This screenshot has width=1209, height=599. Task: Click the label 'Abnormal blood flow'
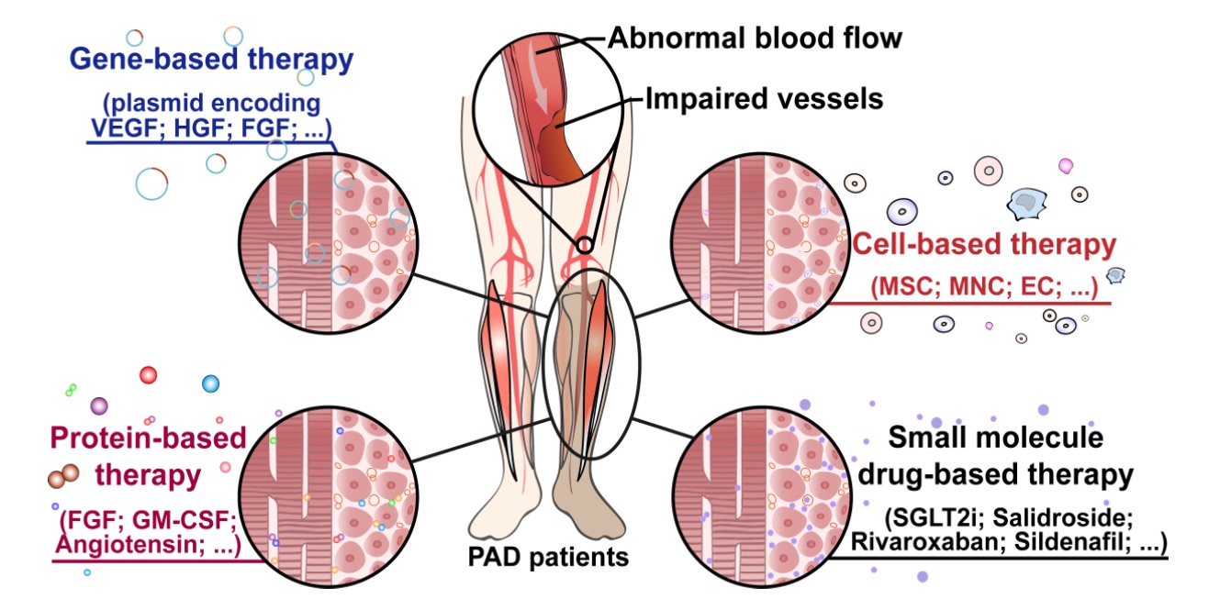click(755, 39)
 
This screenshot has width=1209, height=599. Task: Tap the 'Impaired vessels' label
click(764, 98)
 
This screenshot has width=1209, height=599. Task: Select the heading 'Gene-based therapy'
click(211, 61)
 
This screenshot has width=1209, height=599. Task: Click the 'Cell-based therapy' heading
click(984, 245)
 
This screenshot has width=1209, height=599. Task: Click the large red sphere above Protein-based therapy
click(149, 374)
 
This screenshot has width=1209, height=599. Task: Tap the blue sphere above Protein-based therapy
click(210, 383)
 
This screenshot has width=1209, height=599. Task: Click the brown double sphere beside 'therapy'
click(63, 474)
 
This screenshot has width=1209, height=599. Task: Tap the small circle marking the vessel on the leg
click(585, 245)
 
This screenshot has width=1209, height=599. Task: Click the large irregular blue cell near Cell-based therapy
click(1022, 205)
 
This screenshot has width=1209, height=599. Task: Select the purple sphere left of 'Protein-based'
click(99, 405)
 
